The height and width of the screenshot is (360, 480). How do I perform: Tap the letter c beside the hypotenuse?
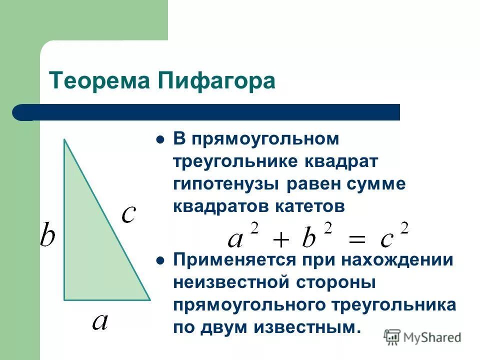(x=129, y=214)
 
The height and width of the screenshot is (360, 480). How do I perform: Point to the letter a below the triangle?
(x=100, y=321)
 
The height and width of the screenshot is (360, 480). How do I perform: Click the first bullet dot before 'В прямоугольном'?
(x=160, y=140)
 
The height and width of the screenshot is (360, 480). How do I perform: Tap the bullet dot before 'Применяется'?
(x=160, y=260)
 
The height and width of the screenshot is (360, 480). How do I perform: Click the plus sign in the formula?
(x=281, y=240)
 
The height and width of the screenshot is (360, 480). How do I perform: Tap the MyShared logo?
(x=422, y=336)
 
